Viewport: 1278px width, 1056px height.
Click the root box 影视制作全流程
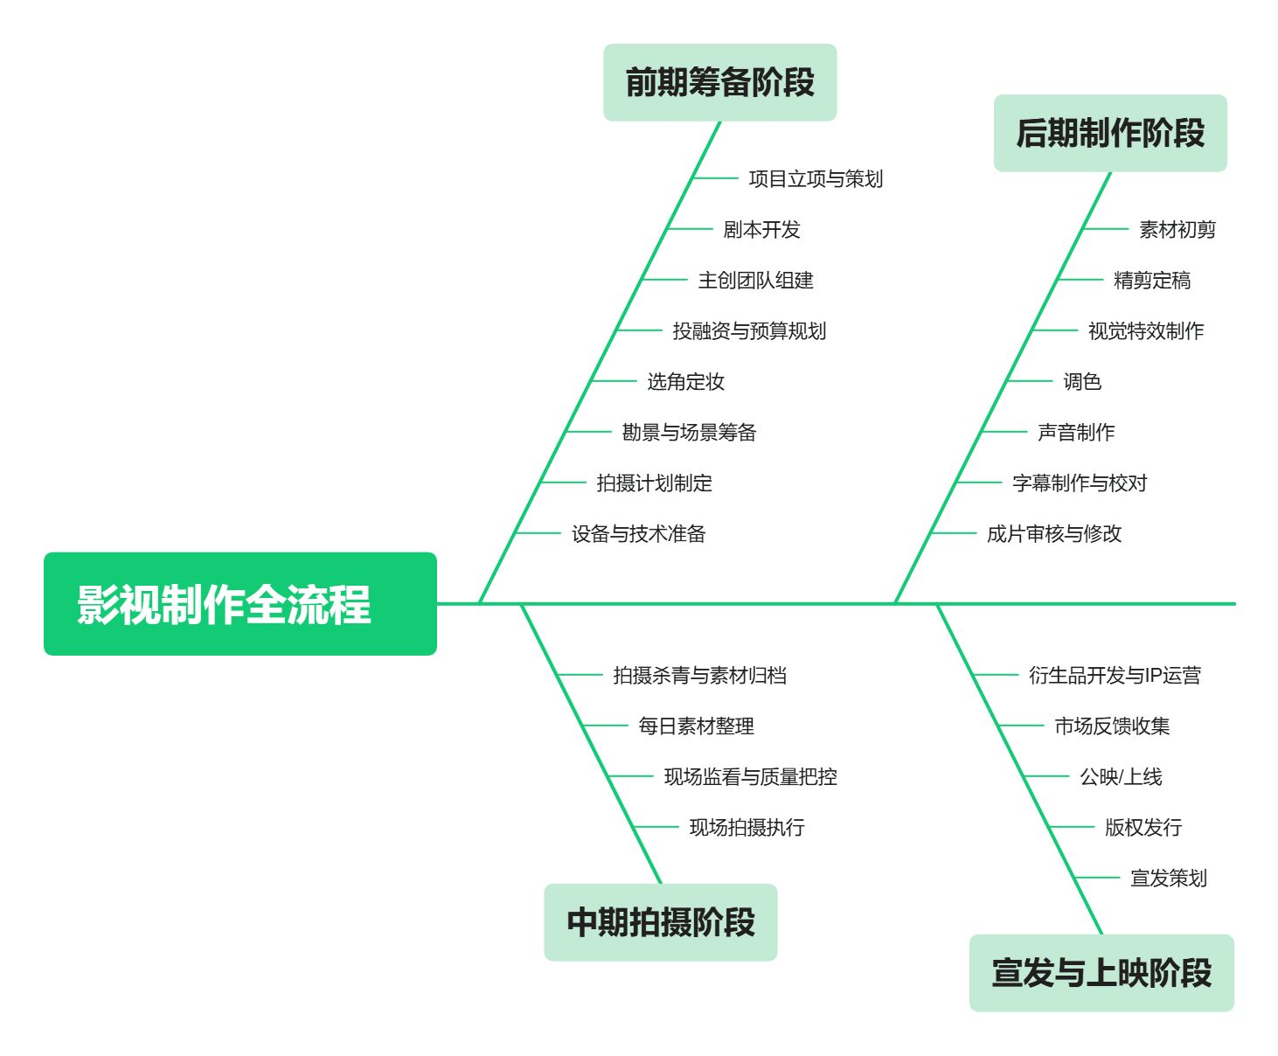pos(240,603)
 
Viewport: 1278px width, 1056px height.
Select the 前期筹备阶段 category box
pos(719,82)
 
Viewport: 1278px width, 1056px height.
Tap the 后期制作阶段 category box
pos(1110,133)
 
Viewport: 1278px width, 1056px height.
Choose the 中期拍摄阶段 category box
pos(661,922)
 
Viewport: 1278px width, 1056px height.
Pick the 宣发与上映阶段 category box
pos(1101,973)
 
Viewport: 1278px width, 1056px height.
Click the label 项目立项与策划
pos(816,178)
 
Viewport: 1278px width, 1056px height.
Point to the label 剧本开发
pos(761,230)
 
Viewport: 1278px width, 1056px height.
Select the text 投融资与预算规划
pos(749,331)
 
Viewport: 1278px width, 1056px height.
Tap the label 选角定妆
pos(685,382)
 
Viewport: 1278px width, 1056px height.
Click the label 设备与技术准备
pos(638,534)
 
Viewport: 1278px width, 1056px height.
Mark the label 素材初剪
pos(1177,230)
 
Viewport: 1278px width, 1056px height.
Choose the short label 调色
pos(1082,382)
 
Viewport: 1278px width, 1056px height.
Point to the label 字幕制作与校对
pos(1080,483)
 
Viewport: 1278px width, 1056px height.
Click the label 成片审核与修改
pos(1054,534)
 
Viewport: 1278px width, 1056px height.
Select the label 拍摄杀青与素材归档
pos(699,675)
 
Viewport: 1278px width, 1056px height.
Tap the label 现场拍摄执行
pos(747,828)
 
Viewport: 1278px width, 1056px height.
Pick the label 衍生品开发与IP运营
pos(1115,675)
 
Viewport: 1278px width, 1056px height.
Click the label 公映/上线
pos(1121,777)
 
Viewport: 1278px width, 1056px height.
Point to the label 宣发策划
pos(1169,879)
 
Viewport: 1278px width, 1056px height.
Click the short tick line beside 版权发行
pos(1072,827)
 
